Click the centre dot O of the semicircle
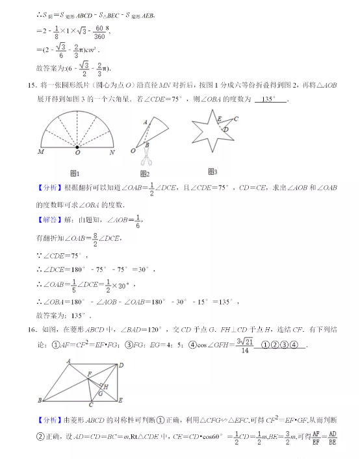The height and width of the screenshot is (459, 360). click(77, 147)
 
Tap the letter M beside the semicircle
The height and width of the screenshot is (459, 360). click(41, 153)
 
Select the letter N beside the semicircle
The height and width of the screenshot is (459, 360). click(112, 153)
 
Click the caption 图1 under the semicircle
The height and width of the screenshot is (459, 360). click(73, 173)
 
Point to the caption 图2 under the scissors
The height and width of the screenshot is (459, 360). click(144, 173)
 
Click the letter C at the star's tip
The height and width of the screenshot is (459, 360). click(235, 119)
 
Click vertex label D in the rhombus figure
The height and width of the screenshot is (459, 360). click(121, 365)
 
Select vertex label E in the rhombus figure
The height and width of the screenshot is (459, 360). click(122, 400)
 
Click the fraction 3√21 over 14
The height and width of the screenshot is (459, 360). click(242, 345)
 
